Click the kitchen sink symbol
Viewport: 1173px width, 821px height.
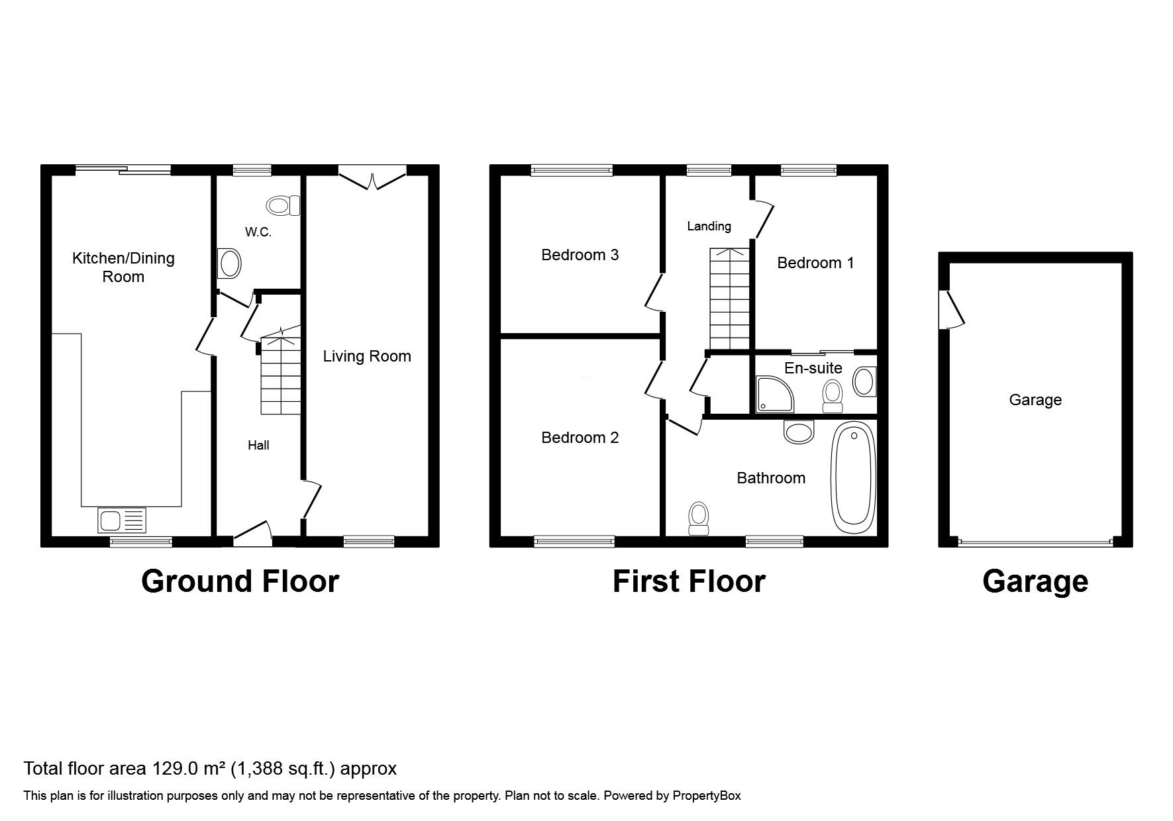[x=121, y=520]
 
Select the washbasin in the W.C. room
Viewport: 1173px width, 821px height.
[x=230, y=264]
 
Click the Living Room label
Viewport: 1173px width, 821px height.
[x=367, y=356]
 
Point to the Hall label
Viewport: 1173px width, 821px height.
[x=258, y=445]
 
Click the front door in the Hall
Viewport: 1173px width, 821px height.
[x=252, y=533]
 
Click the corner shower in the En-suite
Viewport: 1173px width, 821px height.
[x=771, y=394]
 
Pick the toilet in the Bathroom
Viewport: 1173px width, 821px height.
[x=699, y=518]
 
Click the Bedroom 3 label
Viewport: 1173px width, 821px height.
[x=580, y=255]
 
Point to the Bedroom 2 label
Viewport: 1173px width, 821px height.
[x=580, y=438]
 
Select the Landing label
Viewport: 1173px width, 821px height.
[x=709, y=226]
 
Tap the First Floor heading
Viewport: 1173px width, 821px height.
[x=689, y=581]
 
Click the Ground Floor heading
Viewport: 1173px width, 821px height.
[x=240, y=581]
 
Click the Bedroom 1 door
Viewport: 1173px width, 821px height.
[x=764, y=218]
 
